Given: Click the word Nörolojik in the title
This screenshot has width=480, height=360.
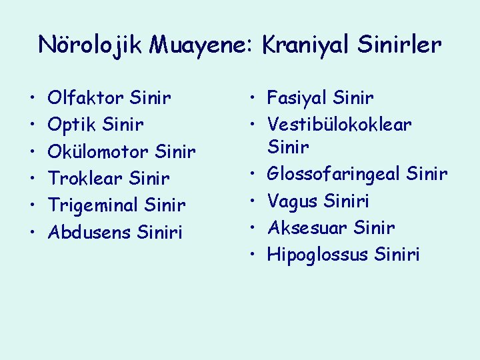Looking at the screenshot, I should (91, 45).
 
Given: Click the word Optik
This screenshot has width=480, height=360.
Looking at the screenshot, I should (71, 125).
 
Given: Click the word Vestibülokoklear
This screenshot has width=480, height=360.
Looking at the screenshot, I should (339, 125).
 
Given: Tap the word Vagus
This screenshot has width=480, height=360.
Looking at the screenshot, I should (293, 201).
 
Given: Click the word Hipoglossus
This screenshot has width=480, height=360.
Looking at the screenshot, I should (318, 254).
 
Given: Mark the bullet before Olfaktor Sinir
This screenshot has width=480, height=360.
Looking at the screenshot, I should (33, 99).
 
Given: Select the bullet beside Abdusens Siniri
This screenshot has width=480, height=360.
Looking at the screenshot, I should (33, 232).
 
